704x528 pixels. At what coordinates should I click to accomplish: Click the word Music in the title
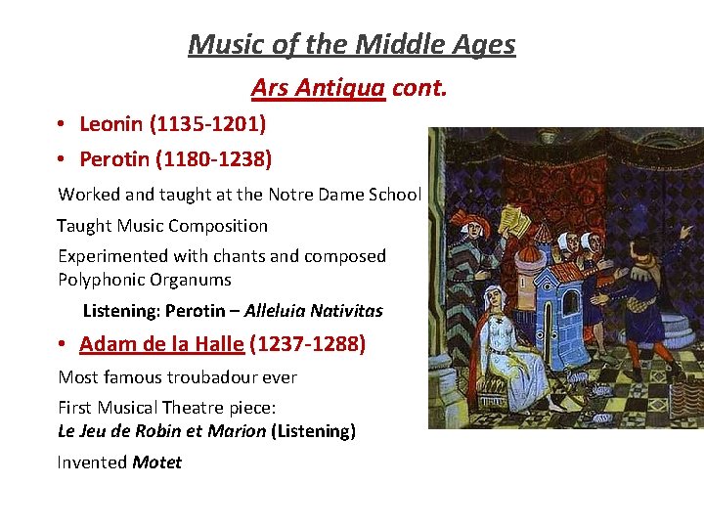223,45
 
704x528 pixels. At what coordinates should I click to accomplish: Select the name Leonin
109,124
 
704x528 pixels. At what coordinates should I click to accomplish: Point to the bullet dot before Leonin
61,124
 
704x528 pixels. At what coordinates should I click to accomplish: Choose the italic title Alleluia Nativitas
313,311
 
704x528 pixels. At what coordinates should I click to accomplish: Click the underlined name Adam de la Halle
161,344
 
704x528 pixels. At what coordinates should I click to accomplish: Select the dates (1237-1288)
307,344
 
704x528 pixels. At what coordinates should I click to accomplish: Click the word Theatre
216,408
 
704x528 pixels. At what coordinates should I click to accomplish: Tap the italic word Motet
157,462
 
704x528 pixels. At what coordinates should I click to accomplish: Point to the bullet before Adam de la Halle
61,344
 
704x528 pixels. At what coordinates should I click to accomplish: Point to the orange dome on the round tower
529,255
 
